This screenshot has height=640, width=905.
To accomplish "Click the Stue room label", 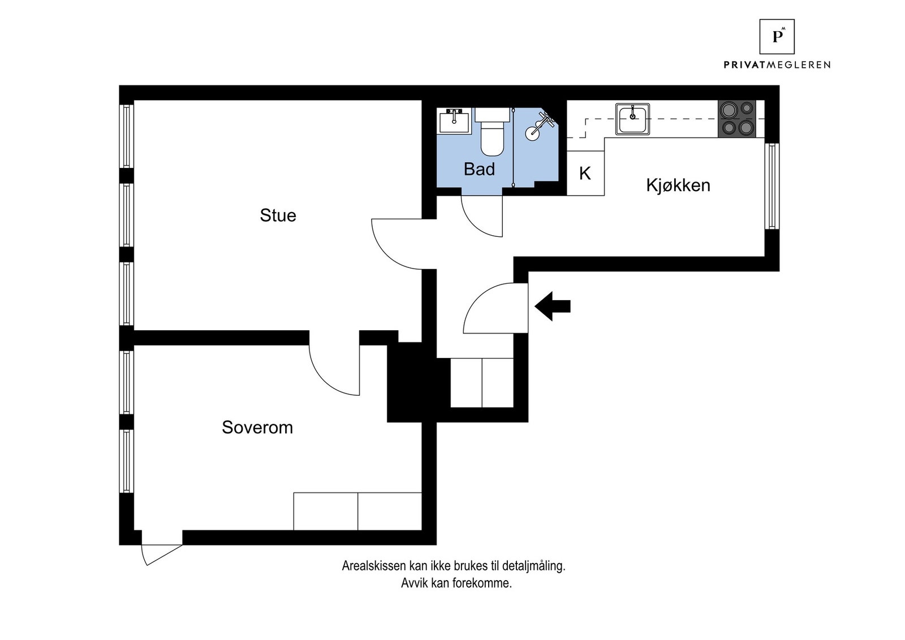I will (x=278, y=215).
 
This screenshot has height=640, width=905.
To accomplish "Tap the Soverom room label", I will (x=257, y=427).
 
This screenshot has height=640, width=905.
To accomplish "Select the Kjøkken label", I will (x=678, y=185).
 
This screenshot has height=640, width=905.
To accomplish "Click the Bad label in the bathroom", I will (x=479, y=169).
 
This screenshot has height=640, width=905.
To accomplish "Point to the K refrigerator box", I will (x=585, y=174).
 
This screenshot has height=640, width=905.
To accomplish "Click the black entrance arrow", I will (x=553, y=306).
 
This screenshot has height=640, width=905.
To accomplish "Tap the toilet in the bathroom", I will (x=492, y=136).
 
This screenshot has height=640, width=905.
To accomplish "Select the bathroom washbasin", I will (x=454, y=120).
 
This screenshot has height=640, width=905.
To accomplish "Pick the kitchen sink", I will (x=632, y=119).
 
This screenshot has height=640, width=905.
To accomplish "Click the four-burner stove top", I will (x=737, y=119).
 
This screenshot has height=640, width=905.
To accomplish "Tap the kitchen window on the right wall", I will (x=772, y=186).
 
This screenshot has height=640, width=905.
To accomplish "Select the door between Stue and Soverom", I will (x=334, y=367).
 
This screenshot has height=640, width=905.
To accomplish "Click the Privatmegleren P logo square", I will (x=777, y=37).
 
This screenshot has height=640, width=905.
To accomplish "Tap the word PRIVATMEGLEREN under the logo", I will (x=777, y=65).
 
